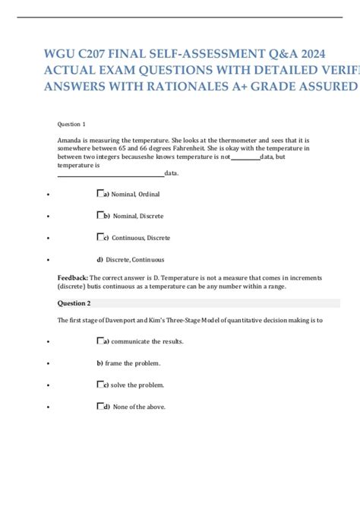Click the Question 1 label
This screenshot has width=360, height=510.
[x=71, y=124]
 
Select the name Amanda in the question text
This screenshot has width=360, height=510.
[x=71, y=141]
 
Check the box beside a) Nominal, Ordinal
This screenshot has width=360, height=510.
[x=100, y=194]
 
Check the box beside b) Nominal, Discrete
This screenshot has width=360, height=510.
[x=100, y=216]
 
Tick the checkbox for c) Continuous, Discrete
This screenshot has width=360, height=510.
[x=100, y=238]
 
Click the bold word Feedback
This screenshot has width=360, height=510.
[x=73, y=278]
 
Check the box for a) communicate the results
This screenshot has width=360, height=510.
[x=100, y=341]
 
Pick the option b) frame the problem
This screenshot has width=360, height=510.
[x=128, y=363]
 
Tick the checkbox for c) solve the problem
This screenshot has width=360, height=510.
[x=100, y=385]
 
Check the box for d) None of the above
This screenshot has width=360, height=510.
[x=100, y=407]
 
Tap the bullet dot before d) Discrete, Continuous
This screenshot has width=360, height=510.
[x=48, y=261]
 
